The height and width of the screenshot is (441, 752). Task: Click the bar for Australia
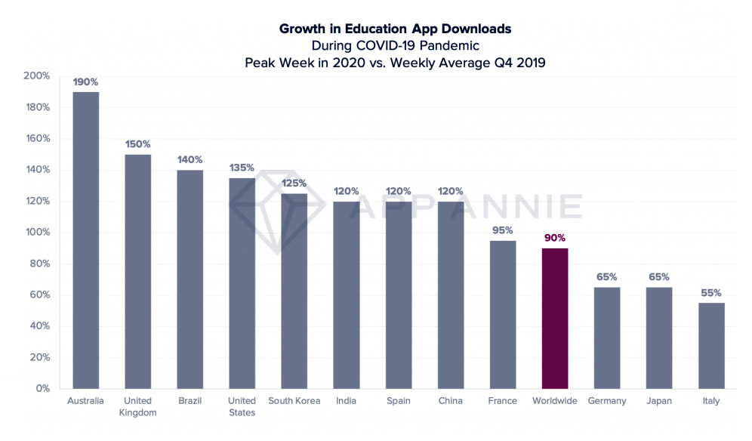tap(85, 240)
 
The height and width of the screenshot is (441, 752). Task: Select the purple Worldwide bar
tap(554, 318)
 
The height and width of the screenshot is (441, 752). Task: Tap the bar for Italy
tap(711, 345)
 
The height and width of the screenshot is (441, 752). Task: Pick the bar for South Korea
tap(294, 291)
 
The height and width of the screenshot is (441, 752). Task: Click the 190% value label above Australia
tap(85, 82)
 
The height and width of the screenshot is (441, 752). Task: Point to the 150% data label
tap(137, 143)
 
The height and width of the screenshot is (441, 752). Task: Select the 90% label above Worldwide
tap(554, 238)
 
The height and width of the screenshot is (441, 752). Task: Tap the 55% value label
tap(710, 292)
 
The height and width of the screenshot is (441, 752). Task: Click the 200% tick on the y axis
tap(37, 76)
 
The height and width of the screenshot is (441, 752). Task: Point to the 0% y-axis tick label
tap(42, 388)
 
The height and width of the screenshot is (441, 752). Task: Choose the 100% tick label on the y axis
tap(37, 233)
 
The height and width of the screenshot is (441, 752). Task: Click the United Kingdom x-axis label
tap(137, 406)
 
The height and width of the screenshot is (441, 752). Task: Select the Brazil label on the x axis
tap(190, 401)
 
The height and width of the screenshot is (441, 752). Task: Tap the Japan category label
tap(658, 401)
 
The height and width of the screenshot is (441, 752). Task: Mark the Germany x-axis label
tap(606, 401)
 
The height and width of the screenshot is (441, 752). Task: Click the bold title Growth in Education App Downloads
tap(395, 29)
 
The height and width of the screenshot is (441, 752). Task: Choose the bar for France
tap(503, 314)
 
